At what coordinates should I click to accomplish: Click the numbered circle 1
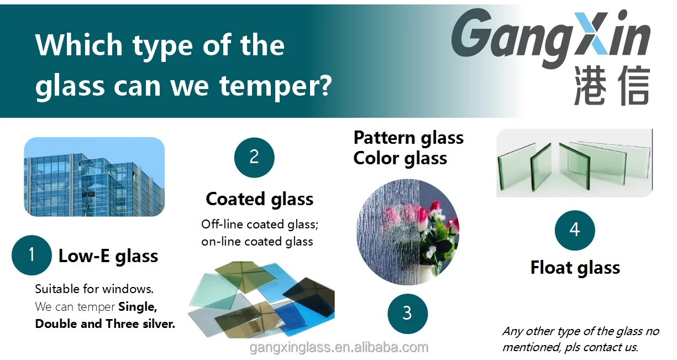click(x=32, y=255)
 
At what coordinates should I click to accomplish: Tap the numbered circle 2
click(x=254, y=157)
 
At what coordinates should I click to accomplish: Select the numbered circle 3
click(x=407, y=314)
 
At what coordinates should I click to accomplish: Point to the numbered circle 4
click(x=575, y=230)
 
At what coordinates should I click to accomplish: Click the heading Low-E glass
click(x=108, y=256)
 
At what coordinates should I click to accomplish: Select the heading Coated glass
click(x=260, y=199)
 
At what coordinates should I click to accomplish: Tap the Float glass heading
click(x=575, y=268)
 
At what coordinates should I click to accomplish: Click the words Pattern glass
click(x=408, y=138)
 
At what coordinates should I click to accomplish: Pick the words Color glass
click(x=400, y=158)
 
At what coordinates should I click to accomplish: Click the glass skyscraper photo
click(x=95, y=176)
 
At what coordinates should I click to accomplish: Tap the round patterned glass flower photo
click(x=407, y=232)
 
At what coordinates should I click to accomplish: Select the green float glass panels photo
click(x=574, y=163)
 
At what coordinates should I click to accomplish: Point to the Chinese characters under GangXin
click(x=612, y=85)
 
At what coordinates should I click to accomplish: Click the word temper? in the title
click(x=275, y=86)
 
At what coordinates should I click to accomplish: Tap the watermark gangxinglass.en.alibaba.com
click(x=339, y=347)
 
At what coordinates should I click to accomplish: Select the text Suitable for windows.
click(x=94, y=289)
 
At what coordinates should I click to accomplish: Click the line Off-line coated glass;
click(x=260, y=224)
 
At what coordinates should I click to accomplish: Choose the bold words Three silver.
click(x=140, y=324)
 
